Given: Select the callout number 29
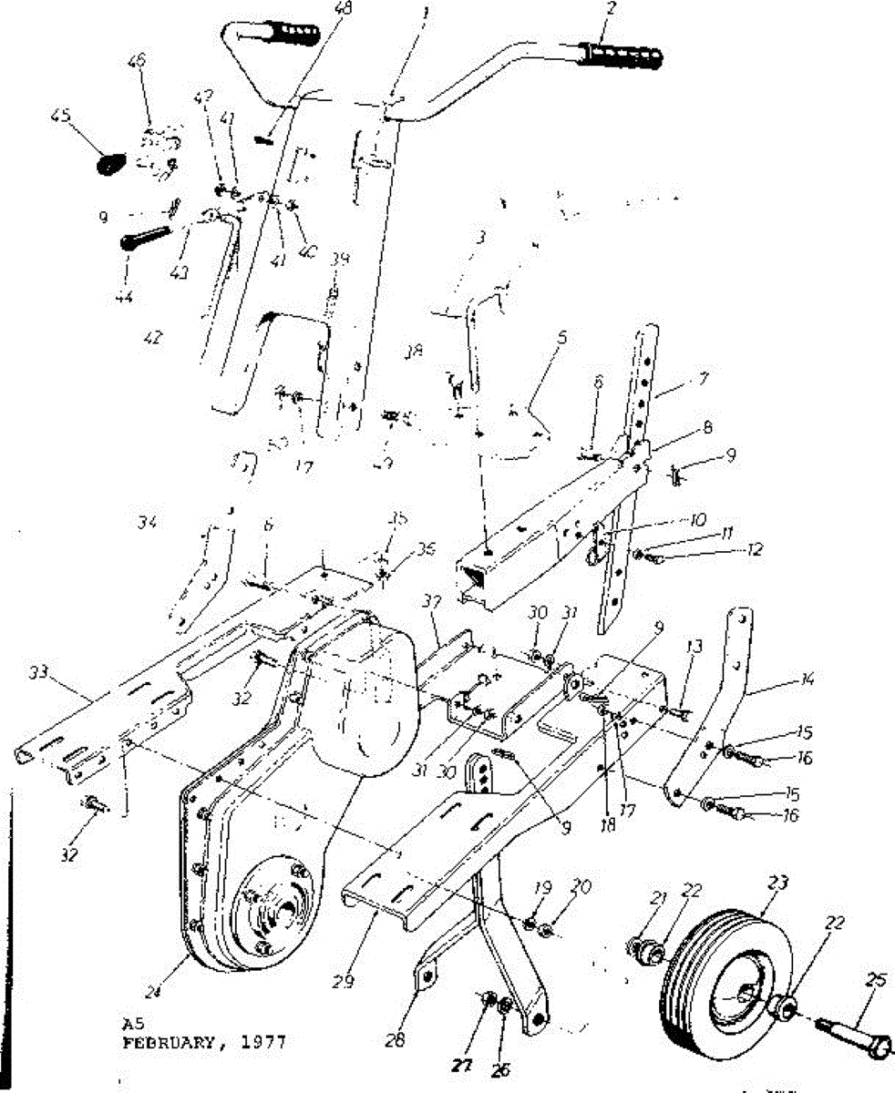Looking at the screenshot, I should click(x=344, y=982).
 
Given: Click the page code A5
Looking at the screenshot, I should click(x=132, y=1022).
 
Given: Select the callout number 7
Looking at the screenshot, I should click(x=678, y=376).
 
